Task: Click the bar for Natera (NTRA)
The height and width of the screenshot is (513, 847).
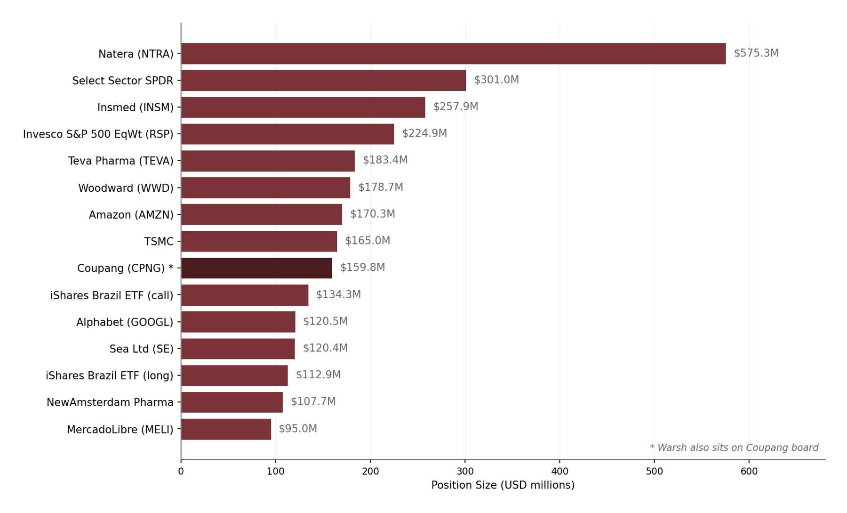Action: (453, 54)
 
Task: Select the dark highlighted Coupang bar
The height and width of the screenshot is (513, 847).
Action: (256, 268)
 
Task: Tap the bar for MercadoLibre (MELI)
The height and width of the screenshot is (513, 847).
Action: (226, 429)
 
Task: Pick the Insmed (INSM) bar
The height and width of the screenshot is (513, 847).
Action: (303, 107)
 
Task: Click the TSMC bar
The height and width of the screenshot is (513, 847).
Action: (259, 241)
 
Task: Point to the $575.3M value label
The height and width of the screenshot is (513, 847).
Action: (756, 53)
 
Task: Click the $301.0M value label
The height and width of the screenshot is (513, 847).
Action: (496, 80)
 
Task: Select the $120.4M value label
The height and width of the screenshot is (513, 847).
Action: (325, 348)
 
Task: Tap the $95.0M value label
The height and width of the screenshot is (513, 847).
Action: (298, 429)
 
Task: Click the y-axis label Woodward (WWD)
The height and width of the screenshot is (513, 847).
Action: (126, 188)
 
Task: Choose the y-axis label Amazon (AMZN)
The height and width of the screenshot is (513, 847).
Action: (131, 215)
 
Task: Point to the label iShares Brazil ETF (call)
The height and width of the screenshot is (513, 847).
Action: (112, 295)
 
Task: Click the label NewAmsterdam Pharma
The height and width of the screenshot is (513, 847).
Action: (110, 402)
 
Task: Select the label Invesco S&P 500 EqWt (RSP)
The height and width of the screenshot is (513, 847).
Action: (98, 134)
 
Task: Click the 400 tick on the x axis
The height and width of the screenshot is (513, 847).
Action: (559, 472)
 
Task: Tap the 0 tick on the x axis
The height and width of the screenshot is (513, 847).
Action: (181, 472)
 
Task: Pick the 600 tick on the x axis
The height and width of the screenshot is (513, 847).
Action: (749, 472)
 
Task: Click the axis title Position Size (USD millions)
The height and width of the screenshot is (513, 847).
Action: (503, 485)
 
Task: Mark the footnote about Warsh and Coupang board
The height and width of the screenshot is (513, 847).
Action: (734, 448)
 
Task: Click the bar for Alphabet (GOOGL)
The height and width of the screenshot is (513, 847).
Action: (238, 322)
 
